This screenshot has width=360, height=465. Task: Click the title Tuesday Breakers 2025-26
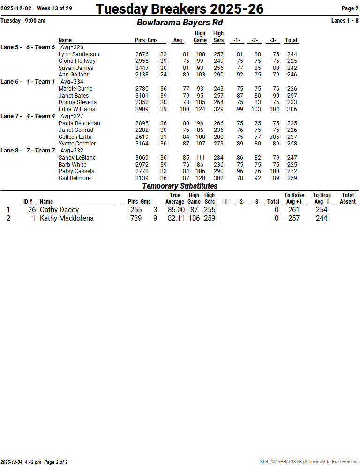pos(180,8)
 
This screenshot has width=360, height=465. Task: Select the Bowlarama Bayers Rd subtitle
pos(180,22)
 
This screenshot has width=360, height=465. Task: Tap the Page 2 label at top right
pos(350,8)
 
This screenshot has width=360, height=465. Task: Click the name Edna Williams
pos(77,109)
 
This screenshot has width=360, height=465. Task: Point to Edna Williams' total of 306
pos(292,109)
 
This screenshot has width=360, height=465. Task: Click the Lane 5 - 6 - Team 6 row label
pos(28,47)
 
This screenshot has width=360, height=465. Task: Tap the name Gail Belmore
pos(75,178)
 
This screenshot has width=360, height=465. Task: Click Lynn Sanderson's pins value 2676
pos(142,54)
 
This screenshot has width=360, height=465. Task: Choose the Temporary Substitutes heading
pos(180,186)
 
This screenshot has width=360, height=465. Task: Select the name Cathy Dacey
pos(59,210)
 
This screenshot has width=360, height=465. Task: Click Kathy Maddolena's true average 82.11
pos(176,218)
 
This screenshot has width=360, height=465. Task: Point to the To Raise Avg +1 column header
pos(294,198)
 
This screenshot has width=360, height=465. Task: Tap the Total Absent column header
pos(347,198)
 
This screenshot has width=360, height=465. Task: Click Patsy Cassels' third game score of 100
pos(274,171)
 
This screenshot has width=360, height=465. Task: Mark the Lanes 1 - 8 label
pos(345,21)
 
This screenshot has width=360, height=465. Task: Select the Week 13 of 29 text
pos(54,8)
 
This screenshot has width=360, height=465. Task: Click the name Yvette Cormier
pos(77,144)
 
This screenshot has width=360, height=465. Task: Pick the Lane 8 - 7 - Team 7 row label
pos(28,151)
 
